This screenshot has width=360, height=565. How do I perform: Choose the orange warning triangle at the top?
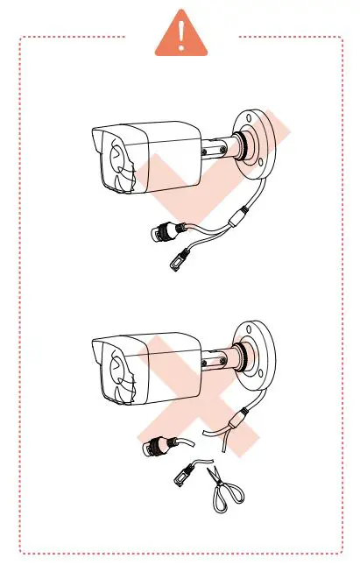[181, 33]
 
